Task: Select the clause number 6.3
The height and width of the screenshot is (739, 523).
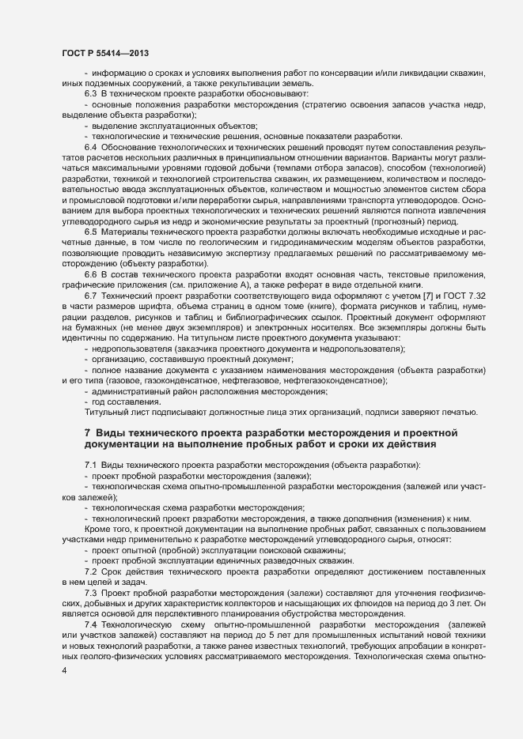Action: pyautogui.click(x=90, y=94)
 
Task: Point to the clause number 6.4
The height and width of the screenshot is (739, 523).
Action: pyautogui.click(x=90, y=148)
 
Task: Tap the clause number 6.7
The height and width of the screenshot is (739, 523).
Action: pyautogui.click(x=90, y=295)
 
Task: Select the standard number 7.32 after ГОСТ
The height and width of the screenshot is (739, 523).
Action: pyautogui.click(x=470, y=295)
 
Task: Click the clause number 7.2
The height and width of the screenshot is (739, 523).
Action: pyautogui.click(x=90, y=571)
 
